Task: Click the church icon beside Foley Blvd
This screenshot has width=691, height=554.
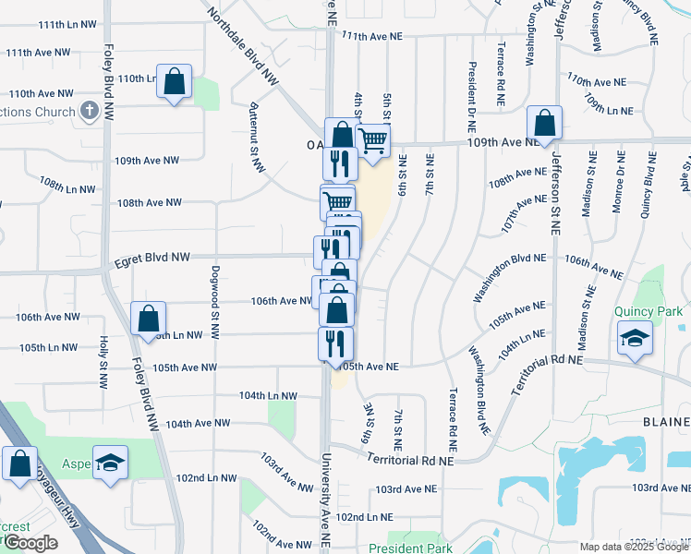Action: (x=90, y=112)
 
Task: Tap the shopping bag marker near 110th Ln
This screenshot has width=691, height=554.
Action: (x=174, y=81)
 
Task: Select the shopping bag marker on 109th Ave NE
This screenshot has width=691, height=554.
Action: (x=545, y=124)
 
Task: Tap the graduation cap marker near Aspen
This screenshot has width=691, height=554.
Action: (x=110, y=462)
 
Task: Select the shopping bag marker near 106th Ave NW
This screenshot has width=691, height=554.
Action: (x=148, y=319)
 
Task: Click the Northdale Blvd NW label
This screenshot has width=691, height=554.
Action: (x=243, y=47)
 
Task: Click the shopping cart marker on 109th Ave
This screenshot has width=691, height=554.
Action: (x=372, y=141)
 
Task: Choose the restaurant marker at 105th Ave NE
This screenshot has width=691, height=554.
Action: (x=335, y=343)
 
